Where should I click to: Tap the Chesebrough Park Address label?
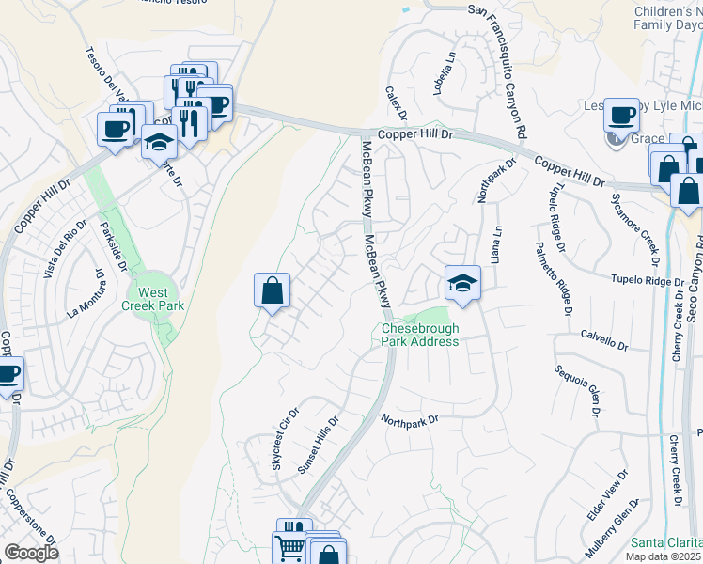420,335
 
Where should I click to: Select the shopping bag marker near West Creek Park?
272,290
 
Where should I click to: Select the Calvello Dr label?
603,339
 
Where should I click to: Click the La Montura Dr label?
84,293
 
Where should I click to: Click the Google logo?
31,553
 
